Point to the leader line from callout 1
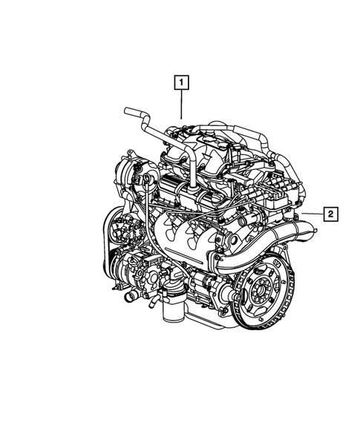pyautogui.click(x=181, y=103)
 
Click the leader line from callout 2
pyautogui.click(x=311, y=214)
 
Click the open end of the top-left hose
pyautogui.click(x=127, y=112)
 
